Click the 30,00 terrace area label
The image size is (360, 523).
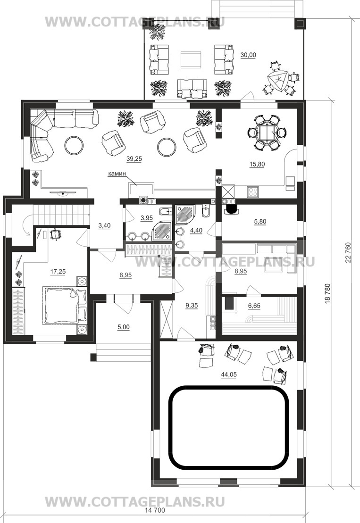click(x=248, y=55)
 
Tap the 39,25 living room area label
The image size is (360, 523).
click(x=134, y=159)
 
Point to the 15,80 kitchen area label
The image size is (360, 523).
click(x=257, y=164)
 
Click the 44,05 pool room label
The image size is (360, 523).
click(x=228, y=374)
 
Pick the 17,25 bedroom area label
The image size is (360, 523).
click(x=58, y=272)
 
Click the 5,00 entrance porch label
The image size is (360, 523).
click(x=124, y=327)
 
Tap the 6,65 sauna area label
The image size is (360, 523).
click(x=254, y=306)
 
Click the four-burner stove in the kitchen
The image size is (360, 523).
click(x=252, y=192)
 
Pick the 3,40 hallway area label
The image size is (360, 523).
click(x=104, y=226)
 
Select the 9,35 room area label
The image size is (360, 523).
click(x=192, y=306)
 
